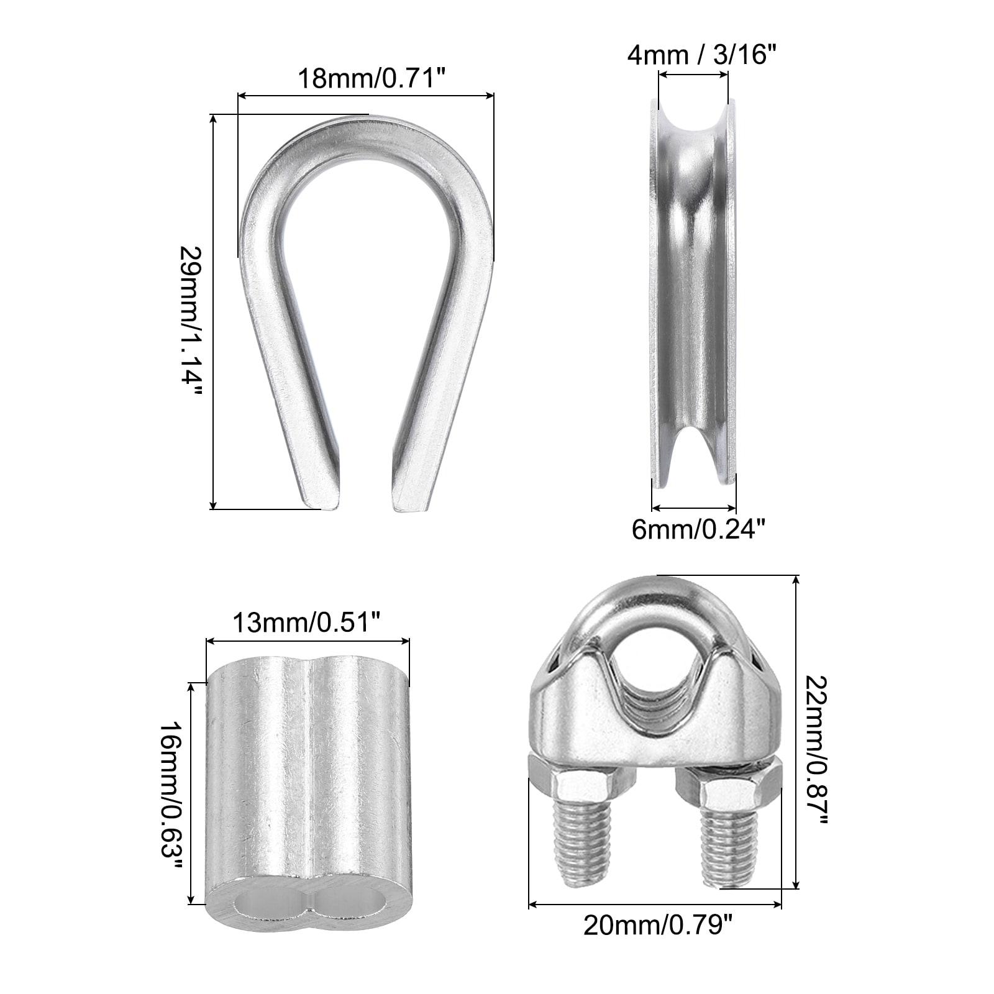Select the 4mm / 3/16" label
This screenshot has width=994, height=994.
(x=701, y=55)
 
